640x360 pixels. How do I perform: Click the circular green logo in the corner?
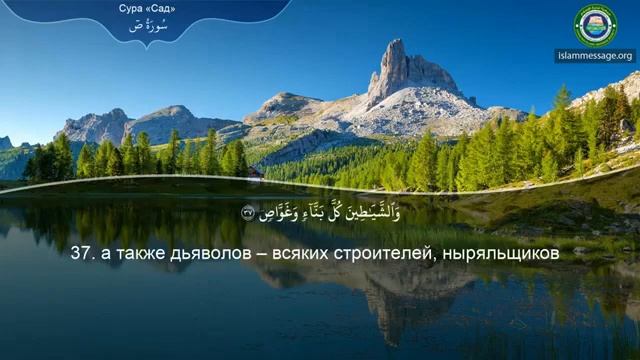595,25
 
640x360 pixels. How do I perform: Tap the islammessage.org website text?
595,56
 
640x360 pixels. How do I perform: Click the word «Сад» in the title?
166,9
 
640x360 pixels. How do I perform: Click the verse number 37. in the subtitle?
82,256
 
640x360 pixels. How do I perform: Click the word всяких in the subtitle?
315,256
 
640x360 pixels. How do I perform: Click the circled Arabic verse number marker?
248,212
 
